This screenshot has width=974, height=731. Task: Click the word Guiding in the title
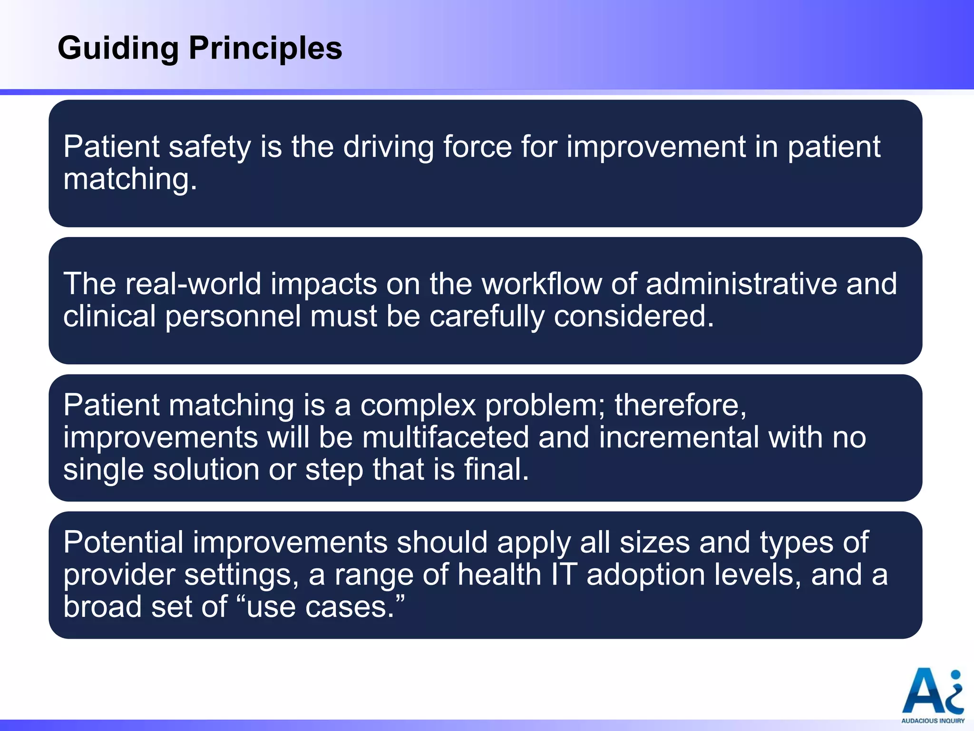[x=118, y=49]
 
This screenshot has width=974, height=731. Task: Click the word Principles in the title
[x=265, y=49]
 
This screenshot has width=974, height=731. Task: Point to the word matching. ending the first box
[x=130, y=180]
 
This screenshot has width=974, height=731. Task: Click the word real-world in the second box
[x=193, y=284]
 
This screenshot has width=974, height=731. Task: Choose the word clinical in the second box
[x=109, y=316]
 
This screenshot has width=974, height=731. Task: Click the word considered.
[x=634, y=316]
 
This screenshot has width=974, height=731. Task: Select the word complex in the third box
[x=418, y=405]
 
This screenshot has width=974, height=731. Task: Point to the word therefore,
[x=681, y=405]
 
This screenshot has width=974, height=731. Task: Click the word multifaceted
[x=446, y=437]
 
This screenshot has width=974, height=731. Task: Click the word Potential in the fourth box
[x=123, y=543]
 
